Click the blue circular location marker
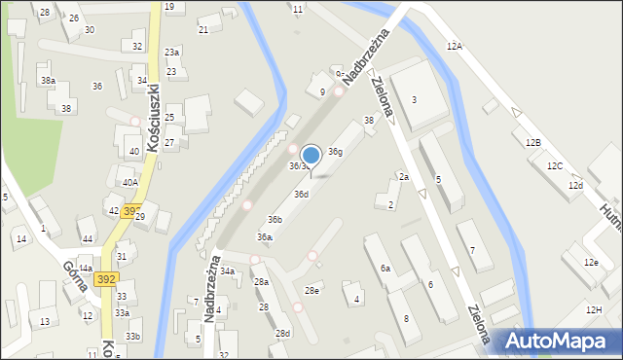coord(311,155)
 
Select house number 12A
coord(455,46)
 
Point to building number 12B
coord(532,143)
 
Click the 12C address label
coord(554,166)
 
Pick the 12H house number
coord(594,309)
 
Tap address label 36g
coord(335,152)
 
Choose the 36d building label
coord(302,195)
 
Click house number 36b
coord(275,220)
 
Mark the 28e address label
coord(311,291)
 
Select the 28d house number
coord(282,334)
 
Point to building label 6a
coord(385,268)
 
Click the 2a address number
coord(403,176)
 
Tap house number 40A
coord(129,182)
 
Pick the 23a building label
coord(172,52)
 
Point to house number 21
coord(203,30)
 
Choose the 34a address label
coord(227,271)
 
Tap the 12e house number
coord(591,263)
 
